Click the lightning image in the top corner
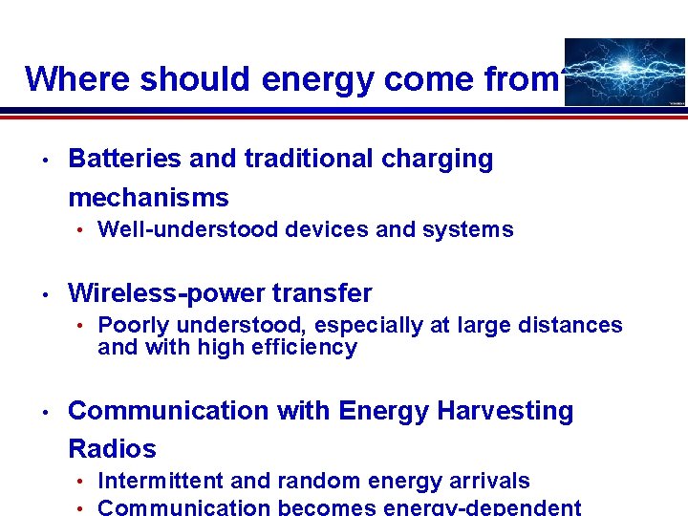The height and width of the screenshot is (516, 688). point(625,72)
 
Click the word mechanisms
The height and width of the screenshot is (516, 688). point(148,198)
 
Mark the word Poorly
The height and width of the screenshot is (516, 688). point(134,326)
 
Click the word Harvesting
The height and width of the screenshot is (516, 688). point(505,412)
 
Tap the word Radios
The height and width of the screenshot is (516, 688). point(112,448)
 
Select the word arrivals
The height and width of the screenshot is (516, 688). point(486,481)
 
